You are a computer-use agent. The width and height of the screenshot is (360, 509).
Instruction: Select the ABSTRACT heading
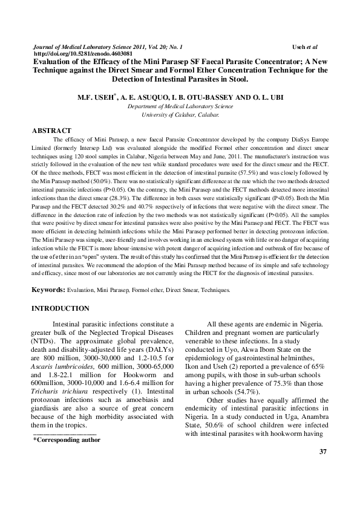click(x=51, y=130)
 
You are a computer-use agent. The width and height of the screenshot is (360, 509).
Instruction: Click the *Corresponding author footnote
click(x=67, y=439)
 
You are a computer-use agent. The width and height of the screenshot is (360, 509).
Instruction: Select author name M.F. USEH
click(x=96, y=97)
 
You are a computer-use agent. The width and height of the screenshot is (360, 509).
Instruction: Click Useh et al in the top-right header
click(x=304, y=46)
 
